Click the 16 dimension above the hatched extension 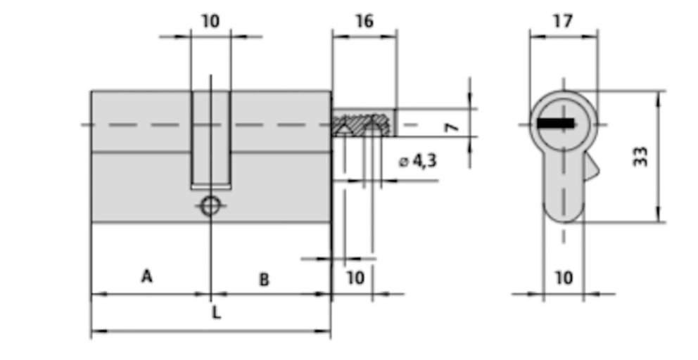(364, 21)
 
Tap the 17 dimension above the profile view (562, 21)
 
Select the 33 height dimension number (640, 156)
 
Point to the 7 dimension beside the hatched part (452, 127)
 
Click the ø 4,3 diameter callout (418, 161)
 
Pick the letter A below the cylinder (146, 276)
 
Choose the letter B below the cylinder (264, 280)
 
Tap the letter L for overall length (217, 313)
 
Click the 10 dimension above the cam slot (210, 21)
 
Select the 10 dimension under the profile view (563, 278)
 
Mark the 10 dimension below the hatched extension (356, 278)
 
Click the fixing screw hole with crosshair (210, 206)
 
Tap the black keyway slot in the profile (556, 123)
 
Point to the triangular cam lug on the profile (592, 169)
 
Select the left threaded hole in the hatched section (343, 128)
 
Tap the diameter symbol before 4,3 (404, 162)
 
